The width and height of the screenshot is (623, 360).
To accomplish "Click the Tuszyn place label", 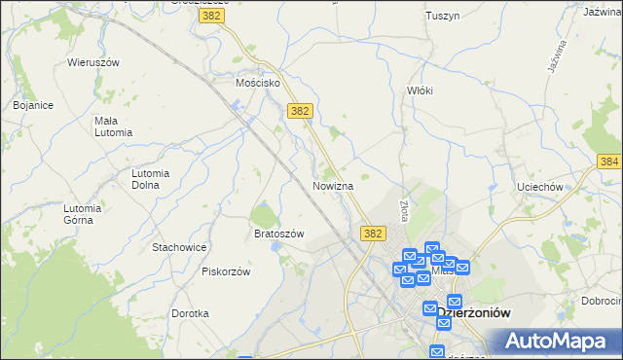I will click(442, 16).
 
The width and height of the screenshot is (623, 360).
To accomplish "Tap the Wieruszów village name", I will click(92, 62).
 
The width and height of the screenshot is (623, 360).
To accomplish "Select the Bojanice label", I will click(33, 104).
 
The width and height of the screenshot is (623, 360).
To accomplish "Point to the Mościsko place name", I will click(258, 84).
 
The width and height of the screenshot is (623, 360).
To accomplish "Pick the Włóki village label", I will click(419, 90).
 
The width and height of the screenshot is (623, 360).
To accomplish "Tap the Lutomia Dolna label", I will click(151, 179).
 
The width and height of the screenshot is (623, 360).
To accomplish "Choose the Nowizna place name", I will click(339, 185).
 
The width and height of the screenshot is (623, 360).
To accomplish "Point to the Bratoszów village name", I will click(279, 234).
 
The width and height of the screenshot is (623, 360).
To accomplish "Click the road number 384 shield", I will click(610, 161).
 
